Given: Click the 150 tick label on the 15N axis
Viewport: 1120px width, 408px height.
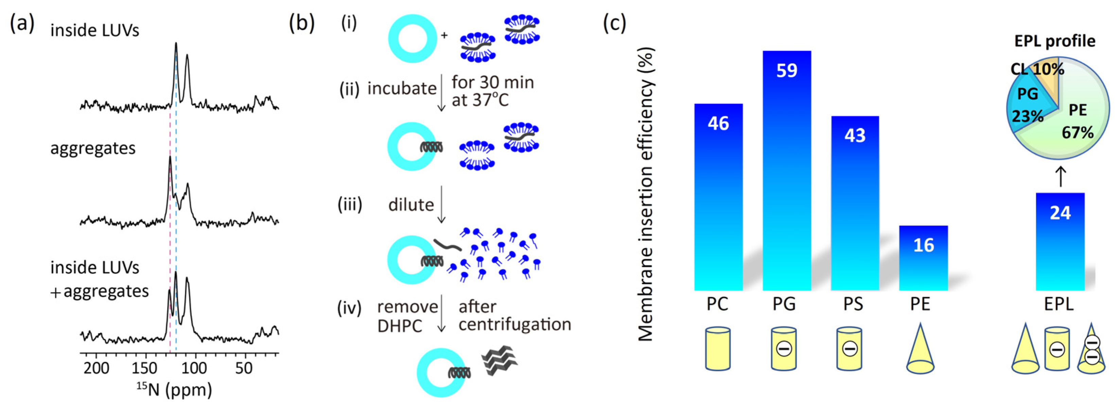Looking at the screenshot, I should point(144,369).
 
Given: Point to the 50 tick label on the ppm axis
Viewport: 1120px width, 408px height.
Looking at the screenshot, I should point(244,369).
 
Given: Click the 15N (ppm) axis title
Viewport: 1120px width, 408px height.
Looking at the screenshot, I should point(174,390).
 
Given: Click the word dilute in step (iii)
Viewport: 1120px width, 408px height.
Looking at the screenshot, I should point(411,205).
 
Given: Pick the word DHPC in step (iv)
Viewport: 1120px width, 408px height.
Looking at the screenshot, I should point(400,326).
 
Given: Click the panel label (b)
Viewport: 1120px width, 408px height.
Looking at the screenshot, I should point(301,23).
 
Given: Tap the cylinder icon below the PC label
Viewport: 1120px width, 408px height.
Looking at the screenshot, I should point(718,349).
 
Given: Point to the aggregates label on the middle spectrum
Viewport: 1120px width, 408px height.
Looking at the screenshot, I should point(93,148).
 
